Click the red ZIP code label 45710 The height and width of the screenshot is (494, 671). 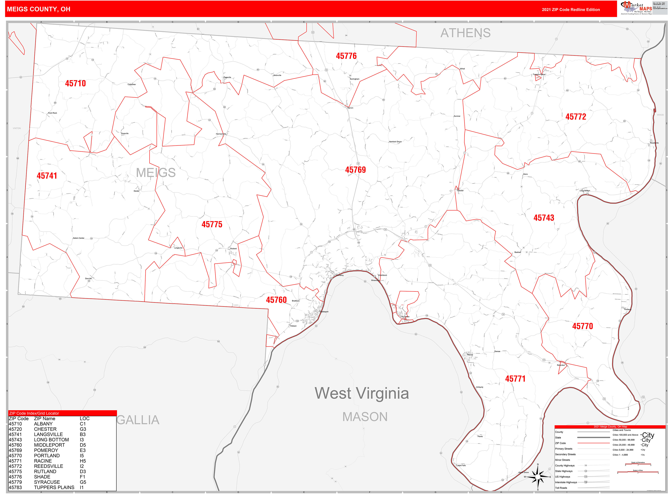coord(75,83)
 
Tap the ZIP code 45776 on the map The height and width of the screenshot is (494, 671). coord(346,56)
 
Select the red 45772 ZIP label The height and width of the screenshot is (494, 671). coord(576,117)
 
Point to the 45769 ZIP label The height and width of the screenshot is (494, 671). coord(355,170)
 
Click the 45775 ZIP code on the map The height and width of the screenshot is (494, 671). coord(212,224)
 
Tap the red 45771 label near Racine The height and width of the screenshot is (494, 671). coord(515,378)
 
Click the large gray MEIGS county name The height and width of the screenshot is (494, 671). coord(156,173)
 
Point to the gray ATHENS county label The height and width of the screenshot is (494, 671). coord(465,33)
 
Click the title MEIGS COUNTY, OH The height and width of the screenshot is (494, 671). coord(39,9)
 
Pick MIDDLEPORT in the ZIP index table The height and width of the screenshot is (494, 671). coord(49,445)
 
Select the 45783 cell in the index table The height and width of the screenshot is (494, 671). coord(15,487)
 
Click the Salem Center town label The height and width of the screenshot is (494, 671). coord(79,238)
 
